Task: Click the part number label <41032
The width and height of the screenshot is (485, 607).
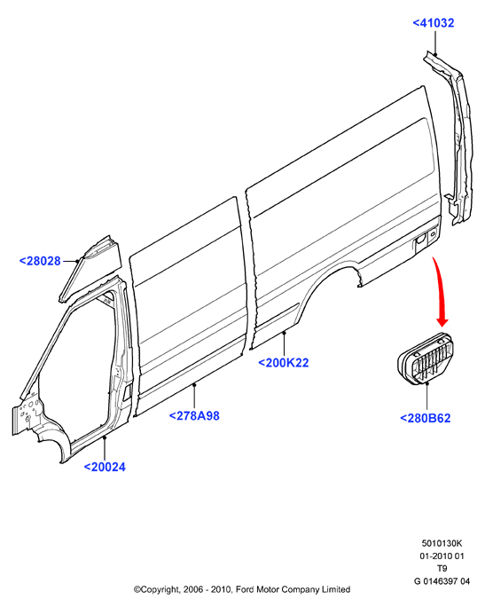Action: click(434, 23)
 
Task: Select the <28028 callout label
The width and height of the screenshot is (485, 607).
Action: click(40, 261)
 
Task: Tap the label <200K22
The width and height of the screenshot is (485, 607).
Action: click(284, 363)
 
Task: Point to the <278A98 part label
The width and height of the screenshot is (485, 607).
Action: click(194, 416)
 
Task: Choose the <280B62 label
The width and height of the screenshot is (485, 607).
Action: click(425, 418)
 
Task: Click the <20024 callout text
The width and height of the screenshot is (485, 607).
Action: click(105, 467)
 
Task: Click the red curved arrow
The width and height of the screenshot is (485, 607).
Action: click(441, 290)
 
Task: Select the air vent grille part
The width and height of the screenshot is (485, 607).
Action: click(426, 359)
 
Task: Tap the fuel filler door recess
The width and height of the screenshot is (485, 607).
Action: click(425, 240)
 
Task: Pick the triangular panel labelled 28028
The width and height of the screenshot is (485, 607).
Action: click(90, 268)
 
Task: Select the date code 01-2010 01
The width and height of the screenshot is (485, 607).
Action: click(442, 556)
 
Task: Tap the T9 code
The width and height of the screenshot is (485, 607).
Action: click(442, 568)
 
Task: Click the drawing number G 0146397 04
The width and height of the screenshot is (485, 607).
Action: click(442, 581)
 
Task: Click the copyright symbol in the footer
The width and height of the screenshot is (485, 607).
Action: click(137, 589)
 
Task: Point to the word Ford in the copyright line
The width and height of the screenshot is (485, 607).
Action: click(244, 589)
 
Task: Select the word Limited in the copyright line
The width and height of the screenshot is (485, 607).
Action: click(336, 589)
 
